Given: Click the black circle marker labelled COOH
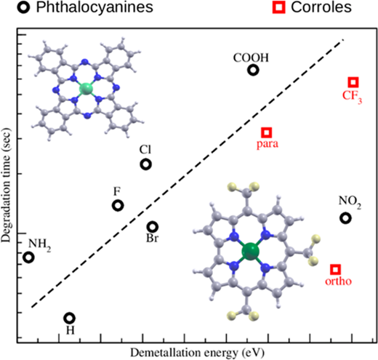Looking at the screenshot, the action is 253,66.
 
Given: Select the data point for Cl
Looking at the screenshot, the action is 145,161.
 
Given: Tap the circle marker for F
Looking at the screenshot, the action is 118,201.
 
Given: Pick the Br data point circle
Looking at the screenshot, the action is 153,223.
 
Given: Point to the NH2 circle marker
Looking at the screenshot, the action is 28,253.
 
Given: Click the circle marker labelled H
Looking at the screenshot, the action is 70,314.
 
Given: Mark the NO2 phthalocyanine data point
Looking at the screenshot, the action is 345,215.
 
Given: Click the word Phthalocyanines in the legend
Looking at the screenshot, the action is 94,7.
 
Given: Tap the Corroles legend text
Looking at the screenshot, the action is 321,7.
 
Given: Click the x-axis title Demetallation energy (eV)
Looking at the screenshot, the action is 197,353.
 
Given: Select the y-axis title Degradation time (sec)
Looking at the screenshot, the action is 6,185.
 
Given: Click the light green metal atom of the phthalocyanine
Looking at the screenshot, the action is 87,89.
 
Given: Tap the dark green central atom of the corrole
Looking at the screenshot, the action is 251,252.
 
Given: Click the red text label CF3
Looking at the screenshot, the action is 352,96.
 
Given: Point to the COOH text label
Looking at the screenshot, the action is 251,58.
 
